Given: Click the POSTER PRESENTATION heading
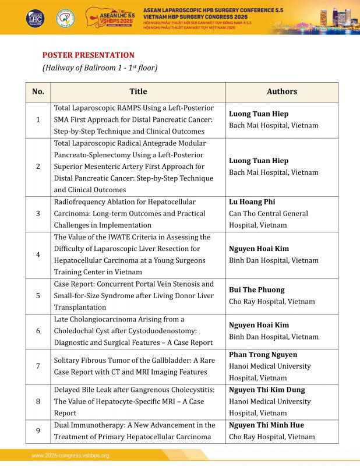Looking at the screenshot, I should pos(88,55).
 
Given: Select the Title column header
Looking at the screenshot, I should pos(138,91).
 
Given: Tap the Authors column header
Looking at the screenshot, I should pos(282,91).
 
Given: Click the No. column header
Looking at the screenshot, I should pos(38,91).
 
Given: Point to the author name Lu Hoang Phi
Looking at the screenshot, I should pos(252,202).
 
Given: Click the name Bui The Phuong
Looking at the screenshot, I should pos(257,290).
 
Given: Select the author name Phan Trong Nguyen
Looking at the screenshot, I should pos(263,354).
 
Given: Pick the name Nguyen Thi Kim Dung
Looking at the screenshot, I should pos(267,390).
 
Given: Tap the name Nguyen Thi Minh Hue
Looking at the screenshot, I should pos(267,425).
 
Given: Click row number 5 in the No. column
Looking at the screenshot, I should pos(38,295).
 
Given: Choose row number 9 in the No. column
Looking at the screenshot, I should pos(38,431).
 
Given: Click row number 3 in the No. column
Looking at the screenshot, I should pos(38,213).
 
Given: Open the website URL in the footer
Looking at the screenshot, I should pos(70,456).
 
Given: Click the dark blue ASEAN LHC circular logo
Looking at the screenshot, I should pos(34,17).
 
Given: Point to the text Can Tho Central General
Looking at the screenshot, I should pos(269,213).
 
